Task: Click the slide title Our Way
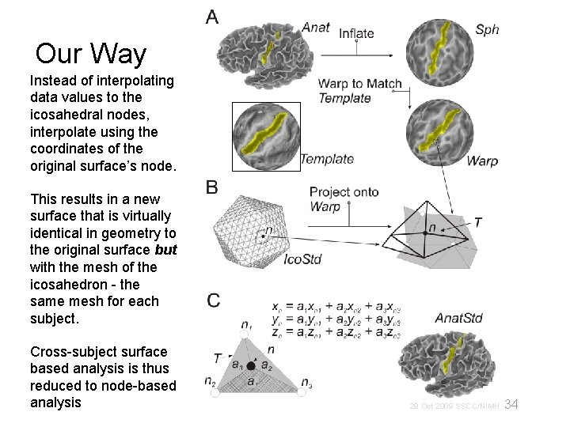(x=91, y=55)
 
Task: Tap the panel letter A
(x=212, y=16)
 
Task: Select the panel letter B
(x=212, y=188)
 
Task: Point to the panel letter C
(x=214, y=300)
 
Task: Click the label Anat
(x=315, y=28)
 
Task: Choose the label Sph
(x=487, y=30)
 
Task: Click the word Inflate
(x=356, y=33)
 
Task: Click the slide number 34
(x=511, y=405)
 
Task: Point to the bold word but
(x=165, y=250)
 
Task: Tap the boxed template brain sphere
(x=264, y=136)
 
